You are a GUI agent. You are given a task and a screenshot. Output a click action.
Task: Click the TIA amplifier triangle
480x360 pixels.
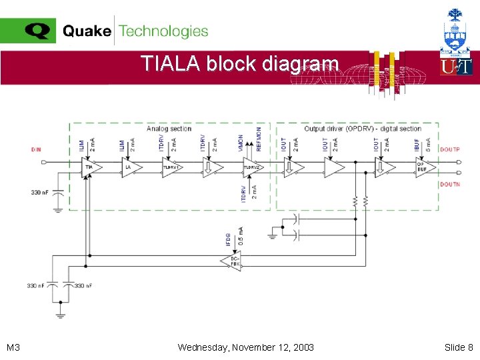(89, 167)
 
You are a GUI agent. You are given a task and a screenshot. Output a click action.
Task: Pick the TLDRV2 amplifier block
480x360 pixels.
(251, 168)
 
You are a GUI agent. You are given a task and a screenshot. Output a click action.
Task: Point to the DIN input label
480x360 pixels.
(36, 149)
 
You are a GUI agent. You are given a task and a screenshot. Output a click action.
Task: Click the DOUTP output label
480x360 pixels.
(449, 149)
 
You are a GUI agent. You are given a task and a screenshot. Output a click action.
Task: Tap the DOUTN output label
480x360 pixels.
(449, 184)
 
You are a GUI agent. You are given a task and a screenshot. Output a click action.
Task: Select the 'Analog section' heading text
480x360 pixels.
(169, 129)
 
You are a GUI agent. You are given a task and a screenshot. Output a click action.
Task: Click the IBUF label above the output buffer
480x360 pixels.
(417, 144)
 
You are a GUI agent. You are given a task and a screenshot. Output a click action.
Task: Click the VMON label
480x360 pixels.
(241, 141)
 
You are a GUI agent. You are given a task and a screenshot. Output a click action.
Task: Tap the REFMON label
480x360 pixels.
(259, 138)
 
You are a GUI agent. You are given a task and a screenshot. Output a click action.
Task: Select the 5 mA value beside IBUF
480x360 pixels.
(428, 144)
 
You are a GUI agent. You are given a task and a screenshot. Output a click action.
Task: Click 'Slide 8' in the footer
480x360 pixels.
(459, 347)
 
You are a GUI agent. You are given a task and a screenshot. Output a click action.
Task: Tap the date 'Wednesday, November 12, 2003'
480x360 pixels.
(246, 347)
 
